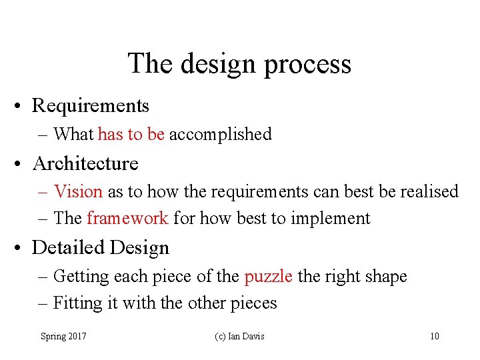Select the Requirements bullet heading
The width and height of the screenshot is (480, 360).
click(x=91, y=105)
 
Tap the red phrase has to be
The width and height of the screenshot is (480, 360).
click(x=131, y=134)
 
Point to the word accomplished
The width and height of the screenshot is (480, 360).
click(x=221, y=134)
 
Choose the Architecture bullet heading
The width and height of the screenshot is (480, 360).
click(x=85, y=163)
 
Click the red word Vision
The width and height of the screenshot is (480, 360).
click(x=78, y=191)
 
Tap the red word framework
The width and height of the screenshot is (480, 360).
click(x=127, y=218)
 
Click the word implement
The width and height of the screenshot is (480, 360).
click(x=336, y=219)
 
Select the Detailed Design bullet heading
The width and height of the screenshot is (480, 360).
click(x=101, y=247)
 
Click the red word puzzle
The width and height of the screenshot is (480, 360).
click(x=269, y=276)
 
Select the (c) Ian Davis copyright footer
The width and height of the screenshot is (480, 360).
click(x=239, y=336)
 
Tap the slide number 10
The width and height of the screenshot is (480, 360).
click(x=434, y=336)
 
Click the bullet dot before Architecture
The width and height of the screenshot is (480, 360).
click(x=22, y=164)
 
